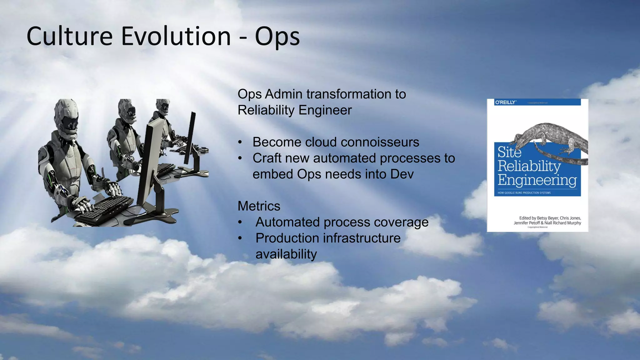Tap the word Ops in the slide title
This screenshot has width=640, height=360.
(x=277, y=37)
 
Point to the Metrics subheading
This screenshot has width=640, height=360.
(x=259, y=206)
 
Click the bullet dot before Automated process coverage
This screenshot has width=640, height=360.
(x=240, y=222)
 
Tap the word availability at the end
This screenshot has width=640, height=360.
(x=286, y=254)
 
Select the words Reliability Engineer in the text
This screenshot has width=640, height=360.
(x=294, y=110)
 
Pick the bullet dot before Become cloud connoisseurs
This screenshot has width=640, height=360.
(x=240, y=142)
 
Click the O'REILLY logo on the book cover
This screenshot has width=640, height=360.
(x=505, y=102)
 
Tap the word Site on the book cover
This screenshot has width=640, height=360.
(x=509, y=152)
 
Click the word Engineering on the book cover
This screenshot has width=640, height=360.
(x=537, y=180)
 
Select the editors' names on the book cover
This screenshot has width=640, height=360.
(x=547, y=220)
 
